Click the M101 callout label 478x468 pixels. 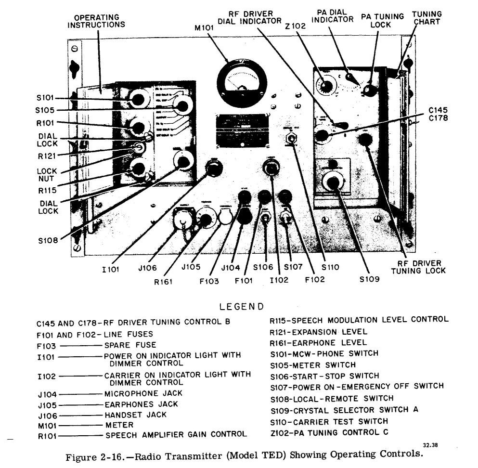tap(204, 28)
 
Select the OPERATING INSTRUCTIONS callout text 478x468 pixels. tap(96, 21)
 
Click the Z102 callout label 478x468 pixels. tap(296, 26)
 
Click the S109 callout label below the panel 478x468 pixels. tap(368, 279)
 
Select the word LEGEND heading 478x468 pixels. tap(241, 306)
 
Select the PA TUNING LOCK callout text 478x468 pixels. tap(383, 20)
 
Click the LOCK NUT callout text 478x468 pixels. tap(47, 175)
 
